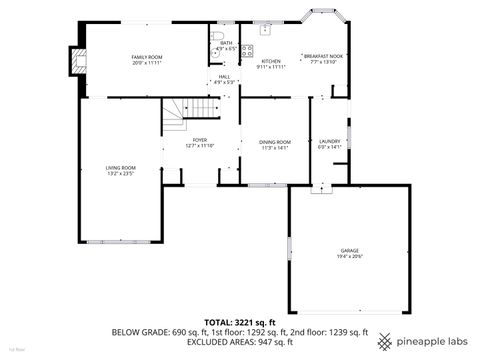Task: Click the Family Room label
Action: tap(147, 58)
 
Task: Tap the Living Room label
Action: tap(121, 167)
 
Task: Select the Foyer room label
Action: tap(200, 140)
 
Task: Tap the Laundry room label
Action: tap(329, 142)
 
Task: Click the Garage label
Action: tap(349, 250)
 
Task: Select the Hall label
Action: tap(224, 76)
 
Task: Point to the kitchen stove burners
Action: tap(247, 51)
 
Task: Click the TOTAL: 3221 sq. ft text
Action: tap(239, 322)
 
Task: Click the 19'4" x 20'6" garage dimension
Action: tap(349, 257)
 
